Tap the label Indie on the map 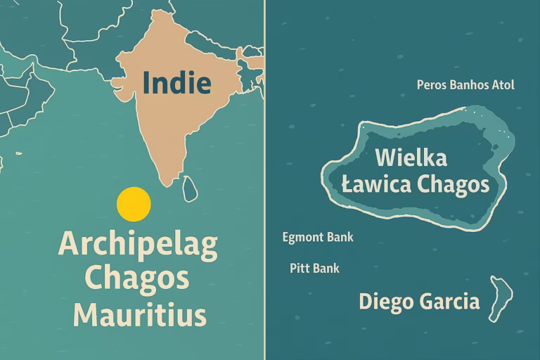176,83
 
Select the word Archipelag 138,244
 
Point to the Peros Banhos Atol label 465,85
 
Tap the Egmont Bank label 318,237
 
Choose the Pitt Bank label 314,268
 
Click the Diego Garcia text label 419,302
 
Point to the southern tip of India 167,184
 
